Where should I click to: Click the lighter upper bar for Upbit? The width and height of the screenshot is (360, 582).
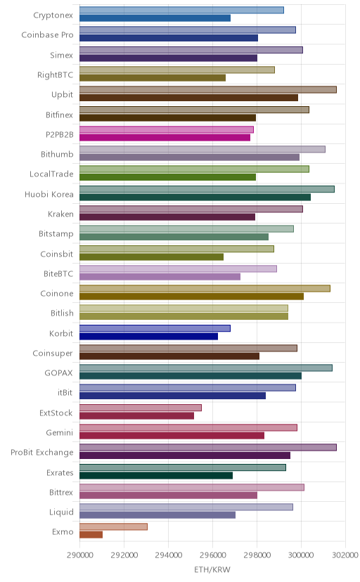208,90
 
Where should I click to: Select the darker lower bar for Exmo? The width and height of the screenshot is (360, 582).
91,535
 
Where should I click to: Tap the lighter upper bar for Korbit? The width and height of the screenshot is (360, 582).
155,328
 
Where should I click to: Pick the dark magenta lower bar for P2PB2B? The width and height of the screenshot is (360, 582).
165,138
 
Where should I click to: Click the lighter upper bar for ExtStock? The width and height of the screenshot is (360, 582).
141,408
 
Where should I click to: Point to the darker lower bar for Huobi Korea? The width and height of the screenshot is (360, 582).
195,197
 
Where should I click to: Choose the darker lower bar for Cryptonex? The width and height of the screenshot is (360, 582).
155,18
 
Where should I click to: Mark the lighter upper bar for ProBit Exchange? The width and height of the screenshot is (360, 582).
208,447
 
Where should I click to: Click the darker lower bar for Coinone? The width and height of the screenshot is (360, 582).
191,296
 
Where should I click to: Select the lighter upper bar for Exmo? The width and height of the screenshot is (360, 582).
113,526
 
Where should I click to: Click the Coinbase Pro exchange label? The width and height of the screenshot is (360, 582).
48,35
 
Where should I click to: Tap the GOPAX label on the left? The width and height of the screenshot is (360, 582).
58,373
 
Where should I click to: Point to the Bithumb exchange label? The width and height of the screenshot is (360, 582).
57,155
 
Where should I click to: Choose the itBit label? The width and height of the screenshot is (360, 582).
65,393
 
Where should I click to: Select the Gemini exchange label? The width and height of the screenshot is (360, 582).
59,433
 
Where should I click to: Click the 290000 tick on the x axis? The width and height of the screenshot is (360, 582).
79,555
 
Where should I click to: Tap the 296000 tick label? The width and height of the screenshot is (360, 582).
212,555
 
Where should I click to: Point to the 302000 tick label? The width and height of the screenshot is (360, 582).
345,555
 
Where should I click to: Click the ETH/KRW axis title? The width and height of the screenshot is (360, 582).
212,570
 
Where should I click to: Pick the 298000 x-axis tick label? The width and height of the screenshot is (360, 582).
257,555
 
